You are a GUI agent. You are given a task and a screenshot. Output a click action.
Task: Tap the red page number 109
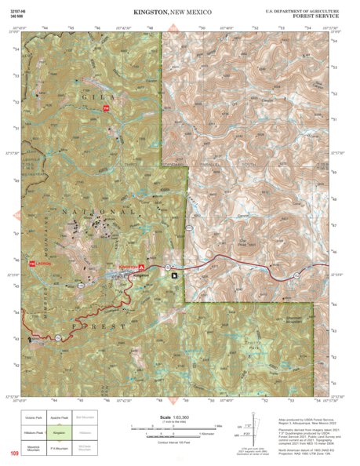[x=13, y=453]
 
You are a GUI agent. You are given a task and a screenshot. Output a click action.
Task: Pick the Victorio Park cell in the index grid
[x=35, y=417]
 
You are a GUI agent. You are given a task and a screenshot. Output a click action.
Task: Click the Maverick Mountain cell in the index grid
[x=35, y=446]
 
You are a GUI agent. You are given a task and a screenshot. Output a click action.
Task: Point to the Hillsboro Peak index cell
[x=35, y=431]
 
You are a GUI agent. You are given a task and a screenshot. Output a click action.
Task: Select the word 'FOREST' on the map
[x=86, y=324]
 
